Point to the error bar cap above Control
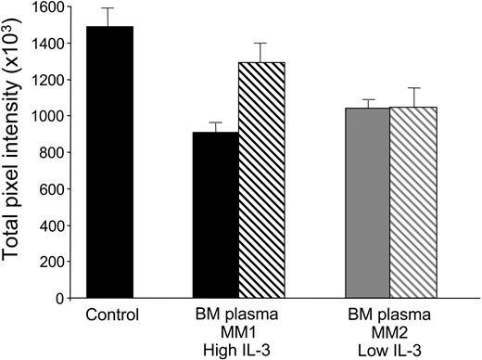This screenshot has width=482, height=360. point(110,8)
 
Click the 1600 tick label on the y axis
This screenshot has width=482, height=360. point(53,7)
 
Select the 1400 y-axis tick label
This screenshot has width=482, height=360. point(53,44)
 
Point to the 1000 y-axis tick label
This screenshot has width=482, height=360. point(53,117)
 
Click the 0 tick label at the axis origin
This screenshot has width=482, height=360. point(65,299)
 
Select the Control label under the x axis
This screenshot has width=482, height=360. point(110,315)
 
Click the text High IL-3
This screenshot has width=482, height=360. point(239,349)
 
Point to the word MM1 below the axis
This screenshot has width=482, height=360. point(239,332)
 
